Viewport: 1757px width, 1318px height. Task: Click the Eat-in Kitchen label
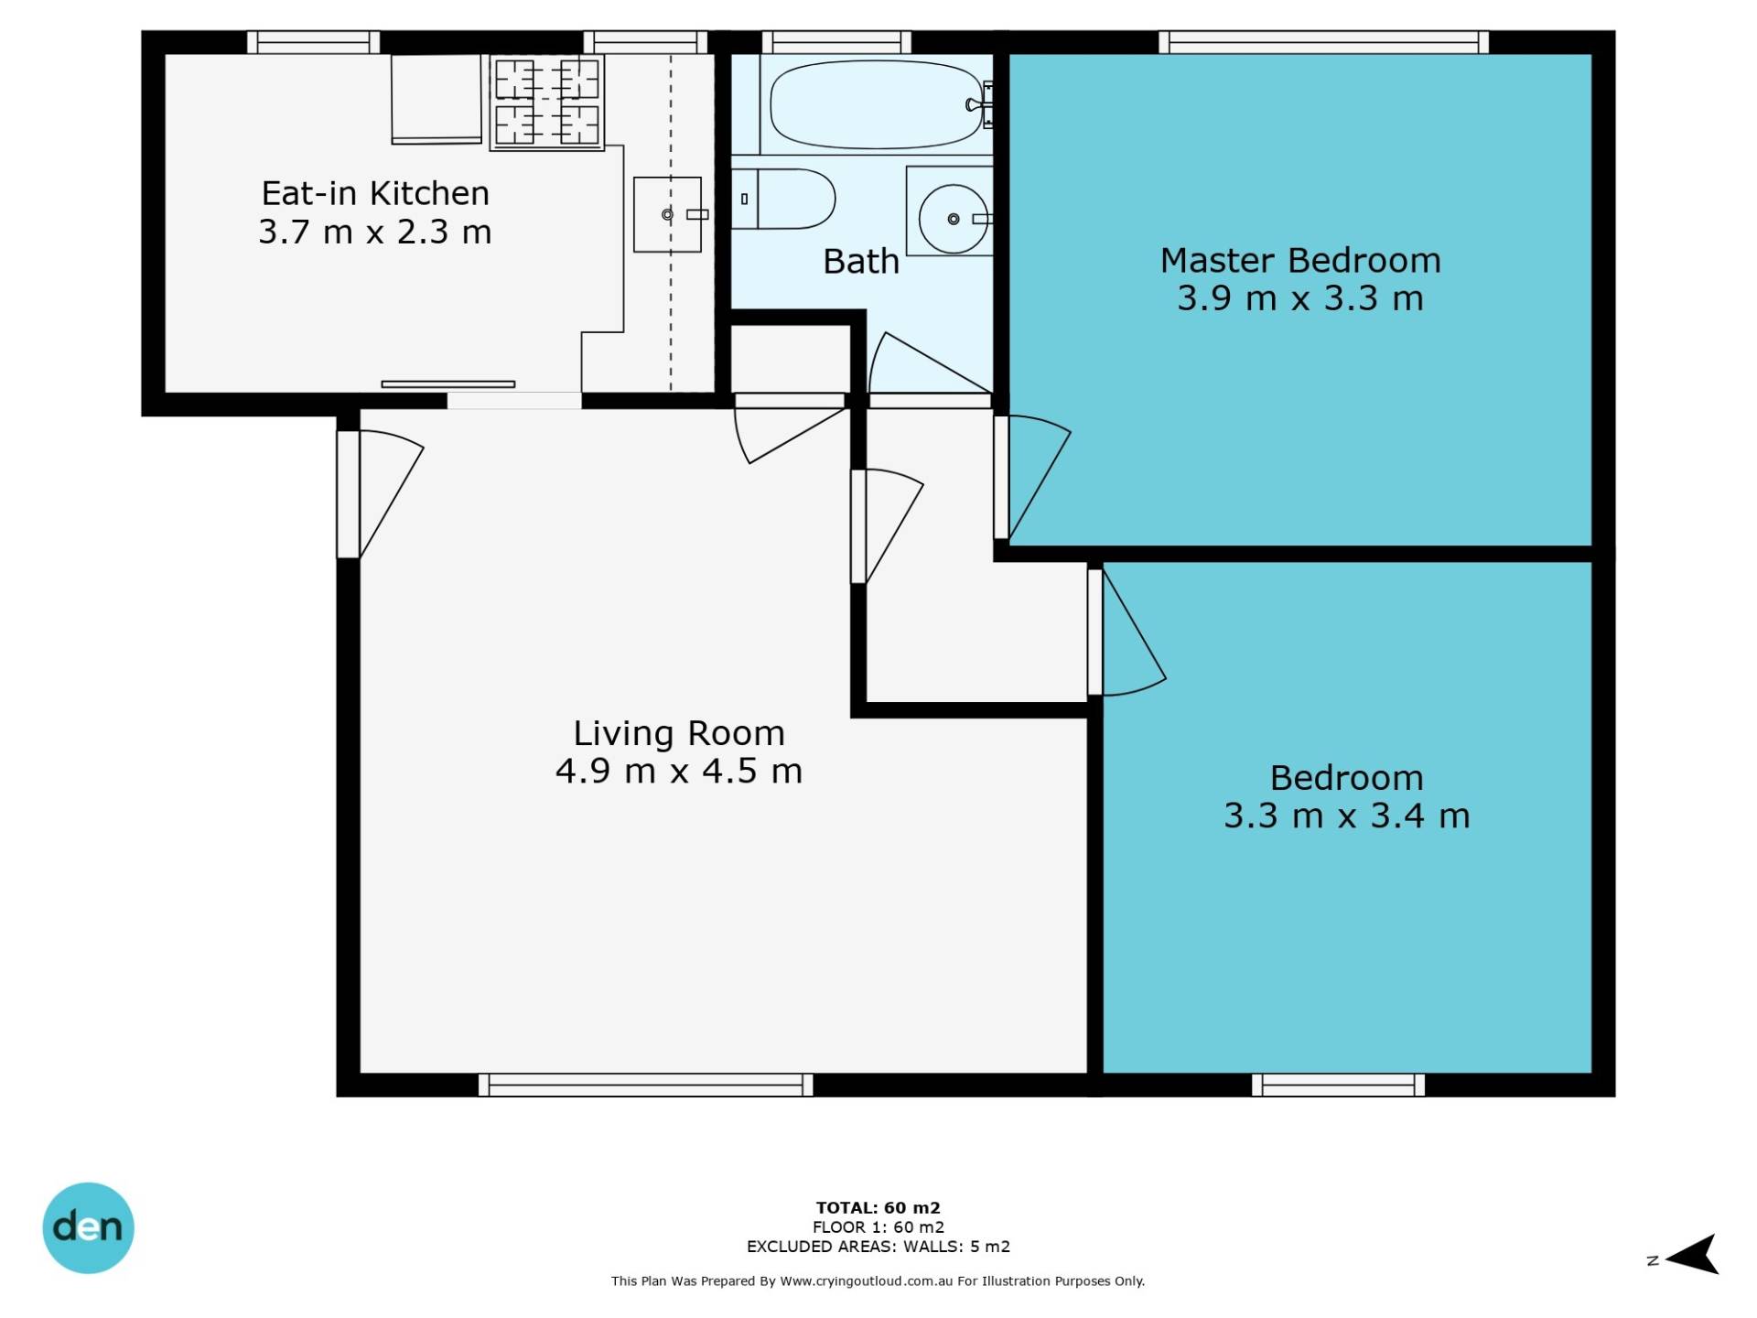click(375, 193)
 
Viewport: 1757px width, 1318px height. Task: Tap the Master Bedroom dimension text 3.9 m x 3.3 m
click(1300, 298)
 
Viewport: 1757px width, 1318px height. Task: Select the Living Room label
click(679, 733)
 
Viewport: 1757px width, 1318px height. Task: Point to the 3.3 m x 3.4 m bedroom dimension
click(1347, 815)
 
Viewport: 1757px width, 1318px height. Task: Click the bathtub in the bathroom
click(877, 104)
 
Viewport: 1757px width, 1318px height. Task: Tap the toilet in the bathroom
click(783, 199)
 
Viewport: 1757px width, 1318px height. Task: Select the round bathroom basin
click(954, 219)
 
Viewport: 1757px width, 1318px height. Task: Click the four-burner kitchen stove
click(547, 102)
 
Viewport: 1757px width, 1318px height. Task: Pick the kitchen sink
click(668, 214)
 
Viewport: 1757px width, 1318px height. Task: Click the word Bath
click(861, 262)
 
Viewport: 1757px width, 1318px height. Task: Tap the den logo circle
click(89, 1227)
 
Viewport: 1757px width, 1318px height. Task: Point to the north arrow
click(1692, 1255)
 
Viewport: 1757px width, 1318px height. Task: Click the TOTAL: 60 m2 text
click(878, 1207)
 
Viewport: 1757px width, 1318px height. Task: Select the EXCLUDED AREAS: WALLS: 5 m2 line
click(878, 1246)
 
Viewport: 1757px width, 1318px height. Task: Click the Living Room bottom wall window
click(646, 1085)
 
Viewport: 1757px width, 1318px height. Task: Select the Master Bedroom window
click(1323, 42)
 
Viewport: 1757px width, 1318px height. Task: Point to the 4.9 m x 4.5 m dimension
click(679, 771)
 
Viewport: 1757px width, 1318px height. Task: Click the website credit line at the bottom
click(878, 1280)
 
